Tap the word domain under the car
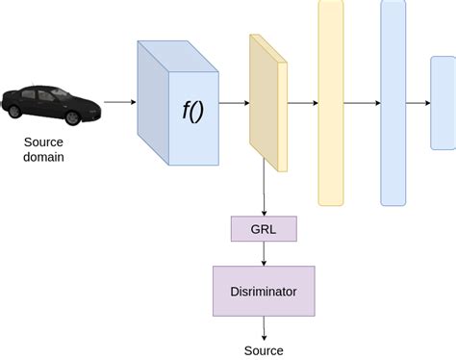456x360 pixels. [44, 158]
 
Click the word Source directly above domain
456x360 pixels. [44, 142]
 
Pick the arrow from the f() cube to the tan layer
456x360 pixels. [235, 102]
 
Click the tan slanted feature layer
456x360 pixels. [267, 104]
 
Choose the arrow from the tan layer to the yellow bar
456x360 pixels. [302, 102]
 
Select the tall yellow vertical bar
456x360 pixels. [331, 102]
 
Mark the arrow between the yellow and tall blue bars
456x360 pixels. [362, 102]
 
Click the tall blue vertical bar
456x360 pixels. [393, 102]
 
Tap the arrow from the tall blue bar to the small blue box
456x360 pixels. [418, 102]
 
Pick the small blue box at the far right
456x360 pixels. [443, 102]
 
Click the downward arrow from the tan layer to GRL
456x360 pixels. [265, 193]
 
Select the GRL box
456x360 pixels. [265, 229]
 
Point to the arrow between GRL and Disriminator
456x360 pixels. [265, 253]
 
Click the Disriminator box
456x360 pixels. [264, 291]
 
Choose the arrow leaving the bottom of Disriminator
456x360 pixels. [264, 327]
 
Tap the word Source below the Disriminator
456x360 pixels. [264, 350]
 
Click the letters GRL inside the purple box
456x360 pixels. [265, 229]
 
